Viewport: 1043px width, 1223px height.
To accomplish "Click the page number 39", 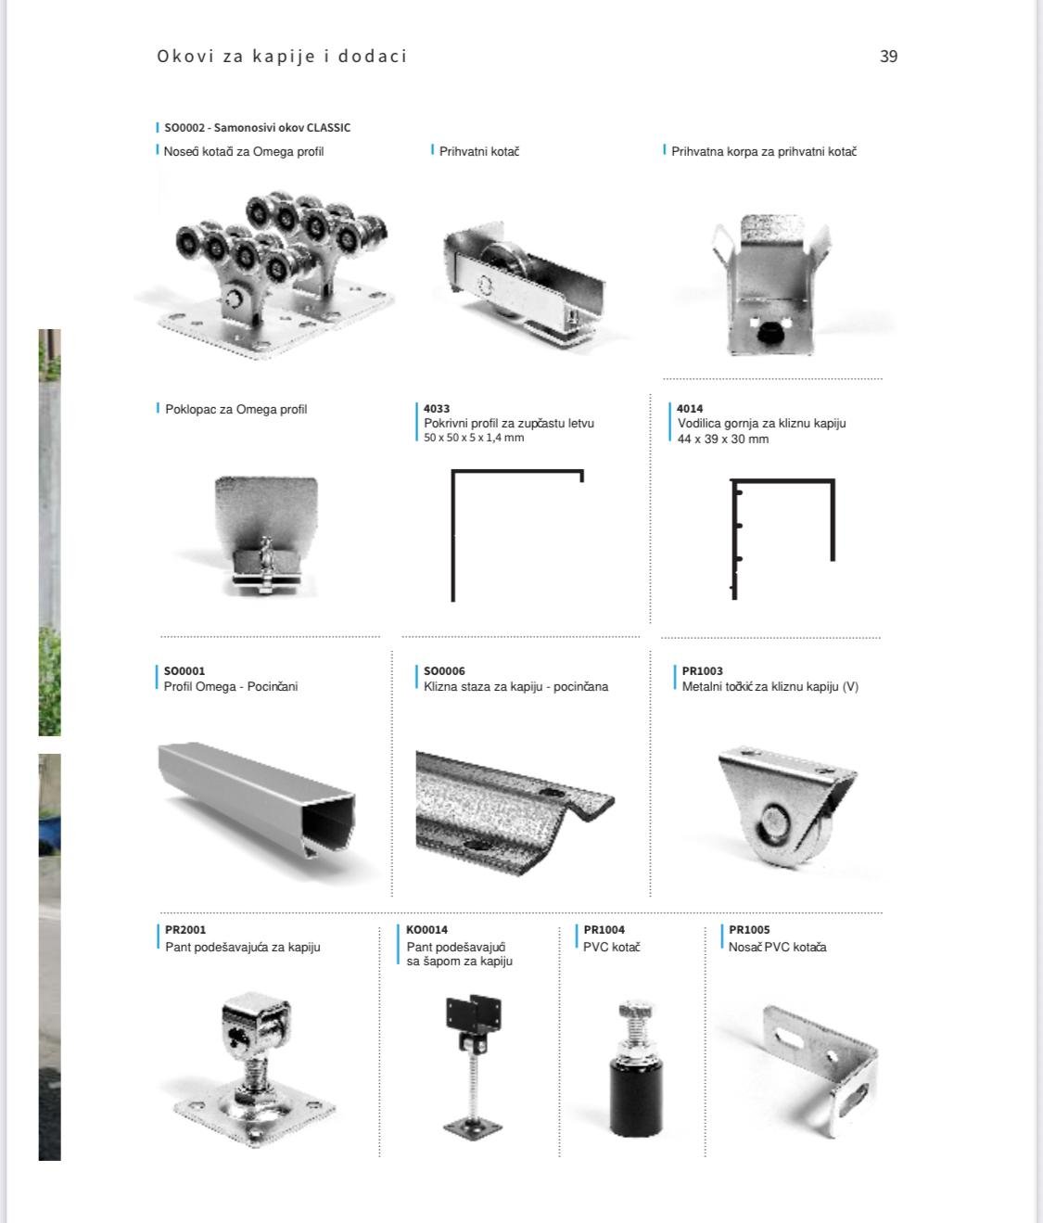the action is click(888, 57).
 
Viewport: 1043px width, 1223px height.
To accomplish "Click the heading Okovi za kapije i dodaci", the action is click(282, 57).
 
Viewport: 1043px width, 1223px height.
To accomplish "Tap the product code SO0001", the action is click(184, 671).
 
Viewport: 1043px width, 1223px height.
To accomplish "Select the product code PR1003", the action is click(702, 671).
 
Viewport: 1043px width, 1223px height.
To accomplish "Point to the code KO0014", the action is click(426, 929).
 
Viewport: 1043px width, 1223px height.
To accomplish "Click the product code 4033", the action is click(437, 409).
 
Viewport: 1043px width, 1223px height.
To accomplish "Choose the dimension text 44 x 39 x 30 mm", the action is click(723, 439).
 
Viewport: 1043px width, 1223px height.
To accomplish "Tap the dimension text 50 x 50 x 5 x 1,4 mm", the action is click(473, 438).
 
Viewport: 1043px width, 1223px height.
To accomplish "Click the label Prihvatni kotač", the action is click(479, 151).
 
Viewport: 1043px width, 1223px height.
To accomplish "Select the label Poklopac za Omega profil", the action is click(236, 410).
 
